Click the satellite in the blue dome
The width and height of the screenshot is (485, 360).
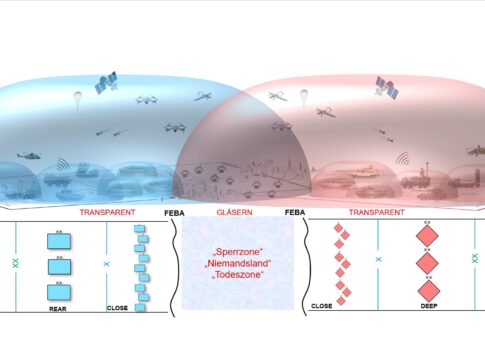(x=106, y=82)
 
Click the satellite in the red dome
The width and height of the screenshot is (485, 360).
(x=387, y=87)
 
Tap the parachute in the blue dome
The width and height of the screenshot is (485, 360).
(x=77, y=100)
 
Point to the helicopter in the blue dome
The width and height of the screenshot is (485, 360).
(x=29, y=155)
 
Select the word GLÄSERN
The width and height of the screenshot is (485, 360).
(x=234, y=212)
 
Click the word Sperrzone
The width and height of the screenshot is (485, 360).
(x=238, y=251)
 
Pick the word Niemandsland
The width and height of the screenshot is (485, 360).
(x=238, y=263)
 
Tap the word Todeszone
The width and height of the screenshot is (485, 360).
(x=238, y=275)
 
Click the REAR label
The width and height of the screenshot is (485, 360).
(x=58, y=309)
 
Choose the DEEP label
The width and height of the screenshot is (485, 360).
(x=429, y=306)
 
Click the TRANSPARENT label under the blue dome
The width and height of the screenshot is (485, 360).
(x=107, y=212)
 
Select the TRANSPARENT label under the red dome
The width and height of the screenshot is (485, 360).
(x=377, y=212)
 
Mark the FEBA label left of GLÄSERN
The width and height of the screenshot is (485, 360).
(x=174, y=213)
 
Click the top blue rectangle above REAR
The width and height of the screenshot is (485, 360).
(x=59, y=241)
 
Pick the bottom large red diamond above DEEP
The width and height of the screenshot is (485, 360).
(x=429, y=291)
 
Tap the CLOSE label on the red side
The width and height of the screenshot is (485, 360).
(x=322, y=306)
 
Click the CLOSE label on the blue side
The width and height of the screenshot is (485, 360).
(x=117, y=308)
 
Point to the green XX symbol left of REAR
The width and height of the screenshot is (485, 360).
(x=15, y=263)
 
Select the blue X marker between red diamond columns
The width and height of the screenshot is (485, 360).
(x=378, y=259)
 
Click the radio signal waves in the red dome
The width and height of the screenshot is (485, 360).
(x=403, y=159)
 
